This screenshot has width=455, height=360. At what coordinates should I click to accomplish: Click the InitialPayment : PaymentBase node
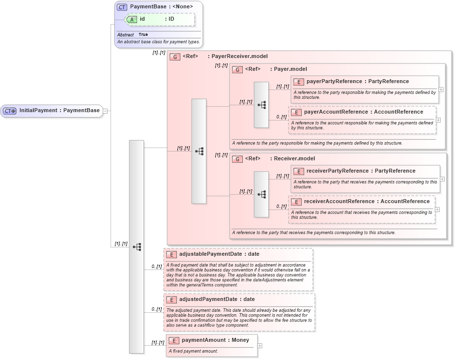59,111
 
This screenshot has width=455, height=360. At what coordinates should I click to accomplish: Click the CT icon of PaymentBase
122,7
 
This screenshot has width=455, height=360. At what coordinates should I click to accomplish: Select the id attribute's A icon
132,19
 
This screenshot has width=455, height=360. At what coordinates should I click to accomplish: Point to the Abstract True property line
133,35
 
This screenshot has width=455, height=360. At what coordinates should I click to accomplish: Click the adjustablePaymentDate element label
219,255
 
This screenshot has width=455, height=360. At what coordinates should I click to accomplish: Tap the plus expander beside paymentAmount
260,346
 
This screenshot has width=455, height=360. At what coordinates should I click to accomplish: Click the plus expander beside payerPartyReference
441,90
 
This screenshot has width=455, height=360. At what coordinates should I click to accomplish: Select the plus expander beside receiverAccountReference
437,210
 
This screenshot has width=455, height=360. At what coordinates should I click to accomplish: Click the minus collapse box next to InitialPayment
105,111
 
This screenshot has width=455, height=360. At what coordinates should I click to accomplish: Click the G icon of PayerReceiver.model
175,57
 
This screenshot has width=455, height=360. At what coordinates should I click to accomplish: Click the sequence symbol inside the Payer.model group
261,105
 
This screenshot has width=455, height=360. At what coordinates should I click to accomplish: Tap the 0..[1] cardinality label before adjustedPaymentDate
157,309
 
